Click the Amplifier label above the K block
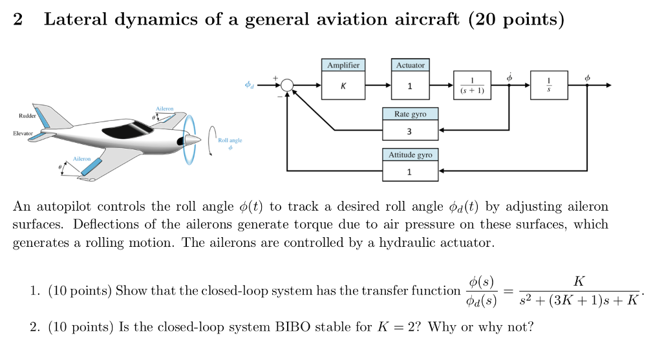[x=343, y=65]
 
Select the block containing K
[x=343, y=86]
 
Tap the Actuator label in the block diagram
[x=411, y=65]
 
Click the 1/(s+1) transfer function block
[x=473, y=85]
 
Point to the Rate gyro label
[x=411, y=114]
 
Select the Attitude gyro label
[x=411, y=155]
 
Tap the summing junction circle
[x=287, y=85]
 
